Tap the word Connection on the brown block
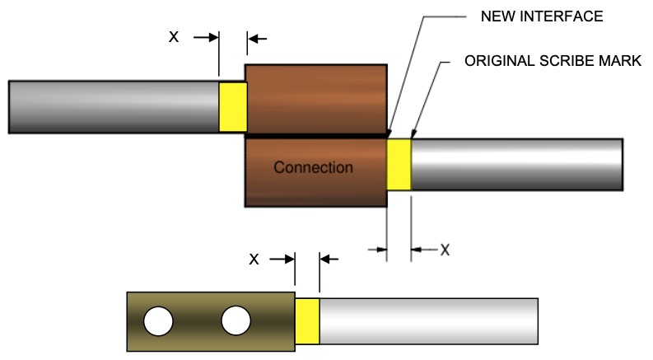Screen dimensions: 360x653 313,167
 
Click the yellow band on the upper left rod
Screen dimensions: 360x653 233,106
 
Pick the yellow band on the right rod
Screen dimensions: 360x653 399,165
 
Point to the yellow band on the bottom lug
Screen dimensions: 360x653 307,321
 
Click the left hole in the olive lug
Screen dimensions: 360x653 158,321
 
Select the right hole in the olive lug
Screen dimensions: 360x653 235,321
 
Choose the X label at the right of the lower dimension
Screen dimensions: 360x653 445,249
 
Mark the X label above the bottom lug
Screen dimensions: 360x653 254,259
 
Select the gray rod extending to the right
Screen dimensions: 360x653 516,165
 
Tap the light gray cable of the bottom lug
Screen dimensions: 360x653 428,321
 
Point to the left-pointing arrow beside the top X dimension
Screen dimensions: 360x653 258,38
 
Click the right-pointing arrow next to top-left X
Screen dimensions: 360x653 206,38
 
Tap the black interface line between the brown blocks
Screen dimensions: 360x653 316,134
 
